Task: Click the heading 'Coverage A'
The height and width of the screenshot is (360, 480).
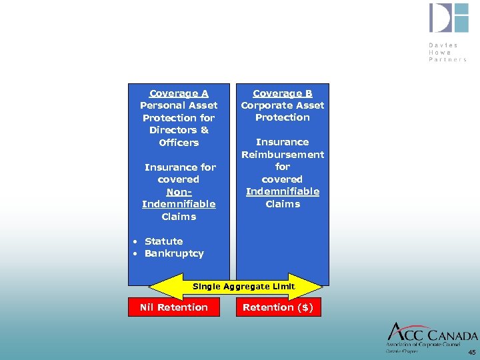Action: click(x=179, y=93)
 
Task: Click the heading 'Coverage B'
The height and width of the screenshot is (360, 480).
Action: click(x=283, y=93)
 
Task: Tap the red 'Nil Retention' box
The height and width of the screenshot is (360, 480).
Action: click(x=173, y=307)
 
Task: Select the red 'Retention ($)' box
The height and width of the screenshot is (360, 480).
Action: click(x=278, y=307)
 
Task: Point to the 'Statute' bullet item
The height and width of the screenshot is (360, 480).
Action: click(x=163, y=241)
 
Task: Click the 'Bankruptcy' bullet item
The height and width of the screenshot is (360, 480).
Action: click(x=174, y=253)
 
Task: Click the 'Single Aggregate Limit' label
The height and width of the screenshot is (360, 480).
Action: click(x=243, y=286)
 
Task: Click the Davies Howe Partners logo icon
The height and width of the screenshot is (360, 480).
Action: click(x=449, y=19)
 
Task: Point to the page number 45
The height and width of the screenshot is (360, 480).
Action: click(x=472, y=352)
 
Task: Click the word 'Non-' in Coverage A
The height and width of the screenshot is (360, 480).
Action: click(x=179, y=191)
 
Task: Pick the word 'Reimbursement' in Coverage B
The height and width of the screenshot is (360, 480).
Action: click(x=283, y=155)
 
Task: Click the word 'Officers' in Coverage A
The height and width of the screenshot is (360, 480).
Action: click(x=179, y=143)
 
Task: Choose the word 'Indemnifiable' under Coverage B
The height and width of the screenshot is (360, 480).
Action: click(x=283, y=191)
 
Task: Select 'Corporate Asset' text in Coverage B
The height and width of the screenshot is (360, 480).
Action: click(x=283, y=105)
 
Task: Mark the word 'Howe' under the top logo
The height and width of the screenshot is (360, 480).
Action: click(x=440, y=52)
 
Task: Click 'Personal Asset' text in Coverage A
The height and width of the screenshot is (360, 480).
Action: click(x=179, y=105)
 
